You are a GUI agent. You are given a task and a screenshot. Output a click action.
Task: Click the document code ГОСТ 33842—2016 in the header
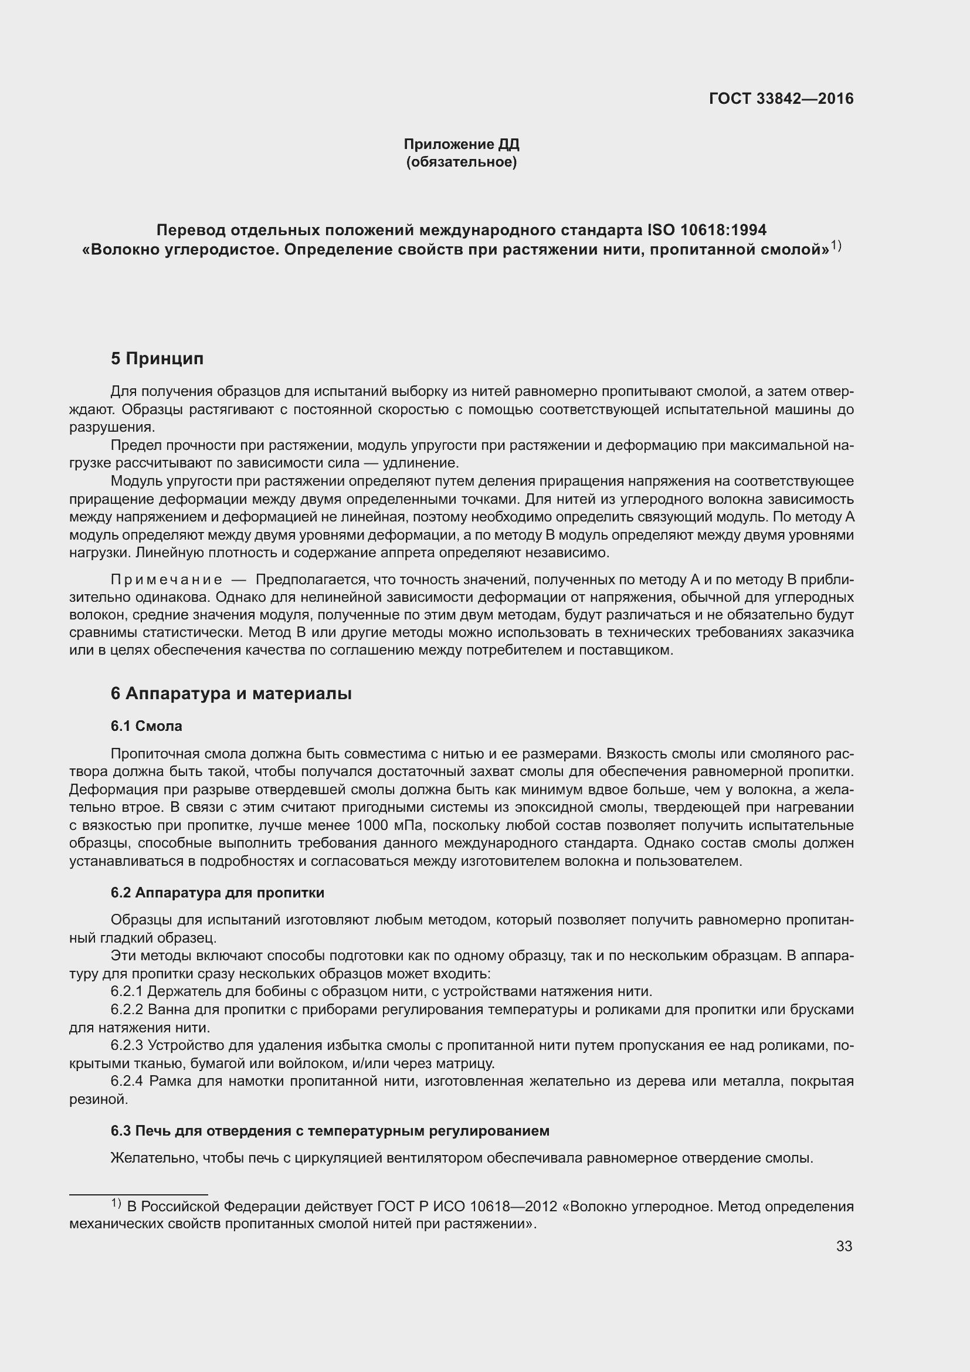(x=781, y=99)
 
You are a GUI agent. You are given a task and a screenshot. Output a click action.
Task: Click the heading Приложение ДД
(x=461, y=144)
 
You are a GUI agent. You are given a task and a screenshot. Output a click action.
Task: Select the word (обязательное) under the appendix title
(x=461, y=162)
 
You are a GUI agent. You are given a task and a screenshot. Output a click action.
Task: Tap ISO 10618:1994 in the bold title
(x=707, y=229)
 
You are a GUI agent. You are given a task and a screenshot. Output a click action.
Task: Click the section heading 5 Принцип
(x=157, y=358)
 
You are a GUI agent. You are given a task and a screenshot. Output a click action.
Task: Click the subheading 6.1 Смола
(x=147, y=726)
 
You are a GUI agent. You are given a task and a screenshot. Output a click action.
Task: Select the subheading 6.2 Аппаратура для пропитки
(x=218, y=893)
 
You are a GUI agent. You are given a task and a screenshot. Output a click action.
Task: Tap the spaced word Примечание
(x=167, y=580)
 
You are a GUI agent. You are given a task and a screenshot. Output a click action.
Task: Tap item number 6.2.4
(x=127, y=1081)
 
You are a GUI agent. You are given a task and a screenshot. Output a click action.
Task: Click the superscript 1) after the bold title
(x=836, y=245)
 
